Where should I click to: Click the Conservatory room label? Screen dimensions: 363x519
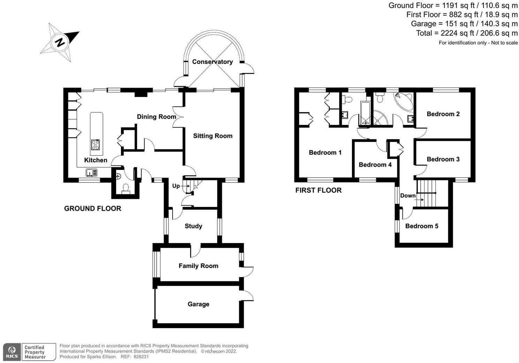pos(212,62)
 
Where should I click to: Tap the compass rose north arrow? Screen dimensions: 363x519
pos(60,42)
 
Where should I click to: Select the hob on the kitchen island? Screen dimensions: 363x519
pos(96,145)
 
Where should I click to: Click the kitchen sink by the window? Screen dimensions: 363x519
pos(92,172)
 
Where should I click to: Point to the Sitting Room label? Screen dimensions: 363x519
pos(213,136)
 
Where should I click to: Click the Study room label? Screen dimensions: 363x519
pos(193,226)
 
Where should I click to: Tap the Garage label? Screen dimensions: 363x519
pos(198,304)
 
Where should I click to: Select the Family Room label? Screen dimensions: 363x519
pos(198,266)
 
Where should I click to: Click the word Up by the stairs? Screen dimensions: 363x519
pos(176,186)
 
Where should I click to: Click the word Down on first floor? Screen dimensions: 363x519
pos(408,195)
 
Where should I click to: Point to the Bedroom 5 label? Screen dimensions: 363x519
pos(422,226)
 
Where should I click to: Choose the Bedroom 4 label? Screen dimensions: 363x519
pos(375,165)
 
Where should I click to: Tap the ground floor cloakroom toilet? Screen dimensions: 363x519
pos(126,188)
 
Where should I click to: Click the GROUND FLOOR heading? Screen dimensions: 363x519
pos(92,208)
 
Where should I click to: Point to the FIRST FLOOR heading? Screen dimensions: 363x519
pos(318,190)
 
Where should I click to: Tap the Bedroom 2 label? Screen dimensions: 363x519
pos(443,114)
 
